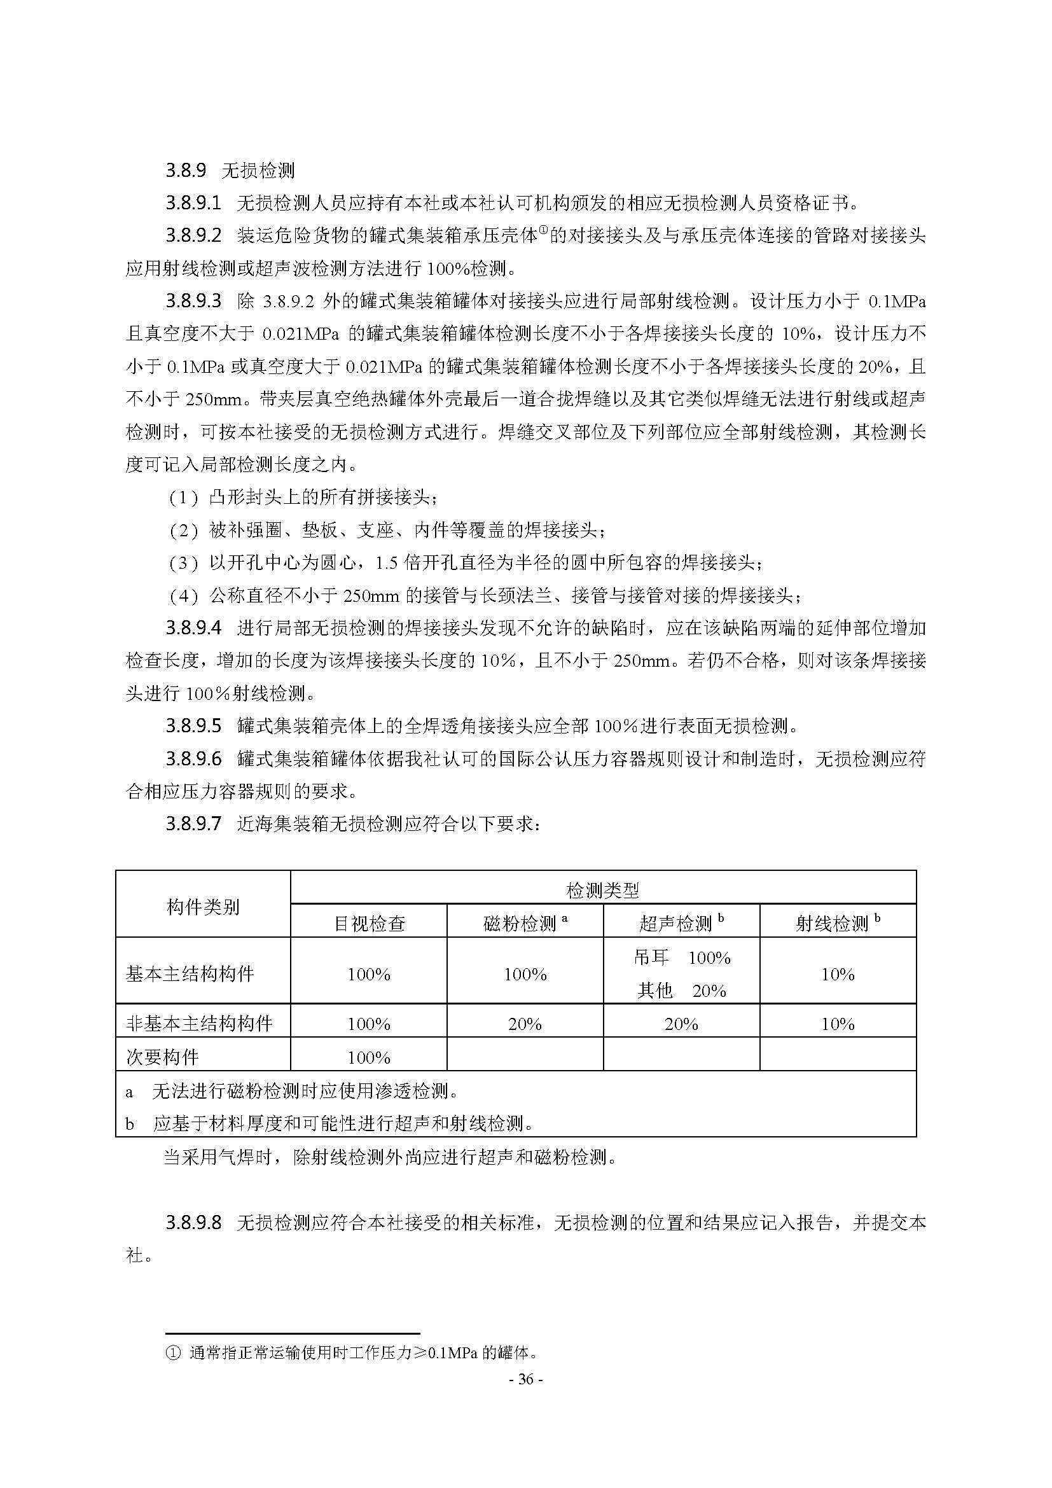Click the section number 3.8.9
(x=186, y=170)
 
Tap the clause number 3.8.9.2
(x=193, y=235)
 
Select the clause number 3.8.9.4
(x=193, y=627)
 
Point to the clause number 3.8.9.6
(x=193, y=758)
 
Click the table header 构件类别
(x=203, y=907)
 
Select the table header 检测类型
(x=602, y=891)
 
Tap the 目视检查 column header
(x=369, y=924)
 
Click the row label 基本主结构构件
(x=190, y=974)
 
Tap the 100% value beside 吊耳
(x=709, y=958)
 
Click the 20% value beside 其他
(x=709, y=991)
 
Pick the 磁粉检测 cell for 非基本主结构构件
(x=525, y=1024)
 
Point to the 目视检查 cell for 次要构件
(x=369, y=1058)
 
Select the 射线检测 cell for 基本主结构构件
(x=838, y=975)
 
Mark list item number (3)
(x=183, y=562)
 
